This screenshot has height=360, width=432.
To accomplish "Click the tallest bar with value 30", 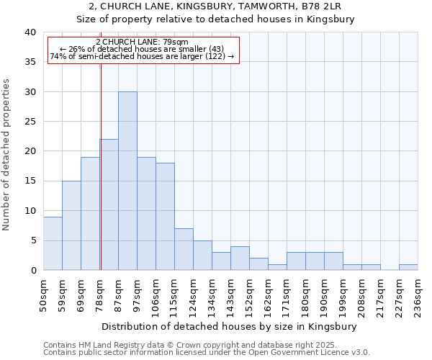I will (127, 181).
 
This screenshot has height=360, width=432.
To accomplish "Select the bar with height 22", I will (109, 204).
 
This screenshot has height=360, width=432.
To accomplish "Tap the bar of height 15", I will (71, 225).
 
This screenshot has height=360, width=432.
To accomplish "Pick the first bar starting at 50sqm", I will (53, 243).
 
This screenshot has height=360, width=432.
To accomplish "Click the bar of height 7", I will (184, 249).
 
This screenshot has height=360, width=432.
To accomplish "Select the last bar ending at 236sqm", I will (408, 267).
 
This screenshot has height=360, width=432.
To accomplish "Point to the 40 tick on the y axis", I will (30, 32).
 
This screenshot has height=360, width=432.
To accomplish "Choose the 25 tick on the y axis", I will (30, 122).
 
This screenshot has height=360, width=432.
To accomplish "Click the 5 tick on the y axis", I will (32, 240).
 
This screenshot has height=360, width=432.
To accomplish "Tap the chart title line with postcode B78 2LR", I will (215, 6).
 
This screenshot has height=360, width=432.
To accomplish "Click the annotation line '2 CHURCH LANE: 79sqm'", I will (142, 42).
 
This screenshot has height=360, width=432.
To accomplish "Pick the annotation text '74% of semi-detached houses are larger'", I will (142, 57).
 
